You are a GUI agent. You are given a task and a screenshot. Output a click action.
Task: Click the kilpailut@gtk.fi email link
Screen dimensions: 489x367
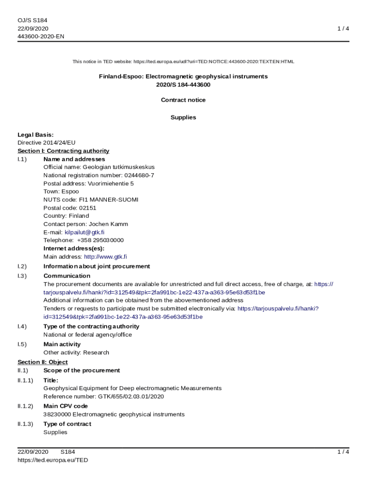[x=84, y=232]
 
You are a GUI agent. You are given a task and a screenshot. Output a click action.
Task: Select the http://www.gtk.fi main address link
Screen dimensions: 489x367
[x=105, y=256]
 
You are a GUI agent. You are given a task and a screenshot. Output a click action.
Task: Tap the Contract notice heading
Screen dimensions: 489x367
[x=183, y=100]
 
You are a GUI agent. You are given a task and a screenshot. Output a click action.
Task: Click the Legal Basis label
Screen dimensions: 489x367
[x=35, y=135]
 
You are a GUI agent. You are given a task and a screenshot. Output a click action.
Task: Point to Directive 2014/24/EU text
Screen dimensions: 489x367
[x=46, y=143]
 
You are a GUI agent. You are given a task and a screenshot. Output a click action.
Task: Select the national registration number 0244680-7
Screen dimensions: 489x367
[x=139, y=175]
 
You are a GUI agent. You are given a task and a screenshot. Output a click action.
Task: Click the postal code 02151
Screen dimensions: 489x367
[x=87, y=208]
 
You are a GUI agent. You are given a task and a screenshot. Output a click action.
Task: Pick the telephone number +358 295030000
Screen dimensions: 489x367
[x=100, y=240]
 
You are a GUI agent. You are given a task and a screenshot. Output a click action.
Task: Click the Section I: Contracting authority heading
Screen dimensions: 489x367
[x=63, y=151]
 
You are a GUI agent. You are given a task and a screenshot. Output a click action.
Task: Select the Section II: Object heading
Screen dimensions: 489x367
[x=42, y=362]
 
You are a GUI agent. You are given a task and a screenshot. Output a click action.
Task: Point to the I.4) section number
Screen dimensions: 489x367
[x=22, y=327]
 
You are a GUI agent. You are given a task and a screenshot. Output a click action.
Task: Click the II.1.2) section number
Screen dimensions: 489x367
[x=25, y=406]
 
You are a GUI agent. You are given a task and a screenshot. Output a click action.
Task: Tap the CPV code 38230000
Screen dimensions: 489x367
[x=57, y=415]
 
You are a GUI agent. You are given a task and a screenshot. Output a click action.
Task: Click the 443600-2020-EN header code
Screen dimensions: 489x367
[x=41, y=36]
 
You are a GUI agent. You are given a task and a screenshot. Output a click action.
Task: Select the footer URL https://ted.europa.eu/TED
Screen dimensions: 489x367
[x=53, y=460]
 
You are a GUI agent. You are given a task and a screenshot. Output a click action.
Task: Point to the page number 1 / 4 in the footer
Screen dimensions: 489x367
[x=343, y=452]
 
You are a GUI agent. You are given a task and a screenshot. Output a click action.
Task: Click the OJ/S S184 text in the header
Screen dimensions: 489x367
[x=32, y=20]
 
